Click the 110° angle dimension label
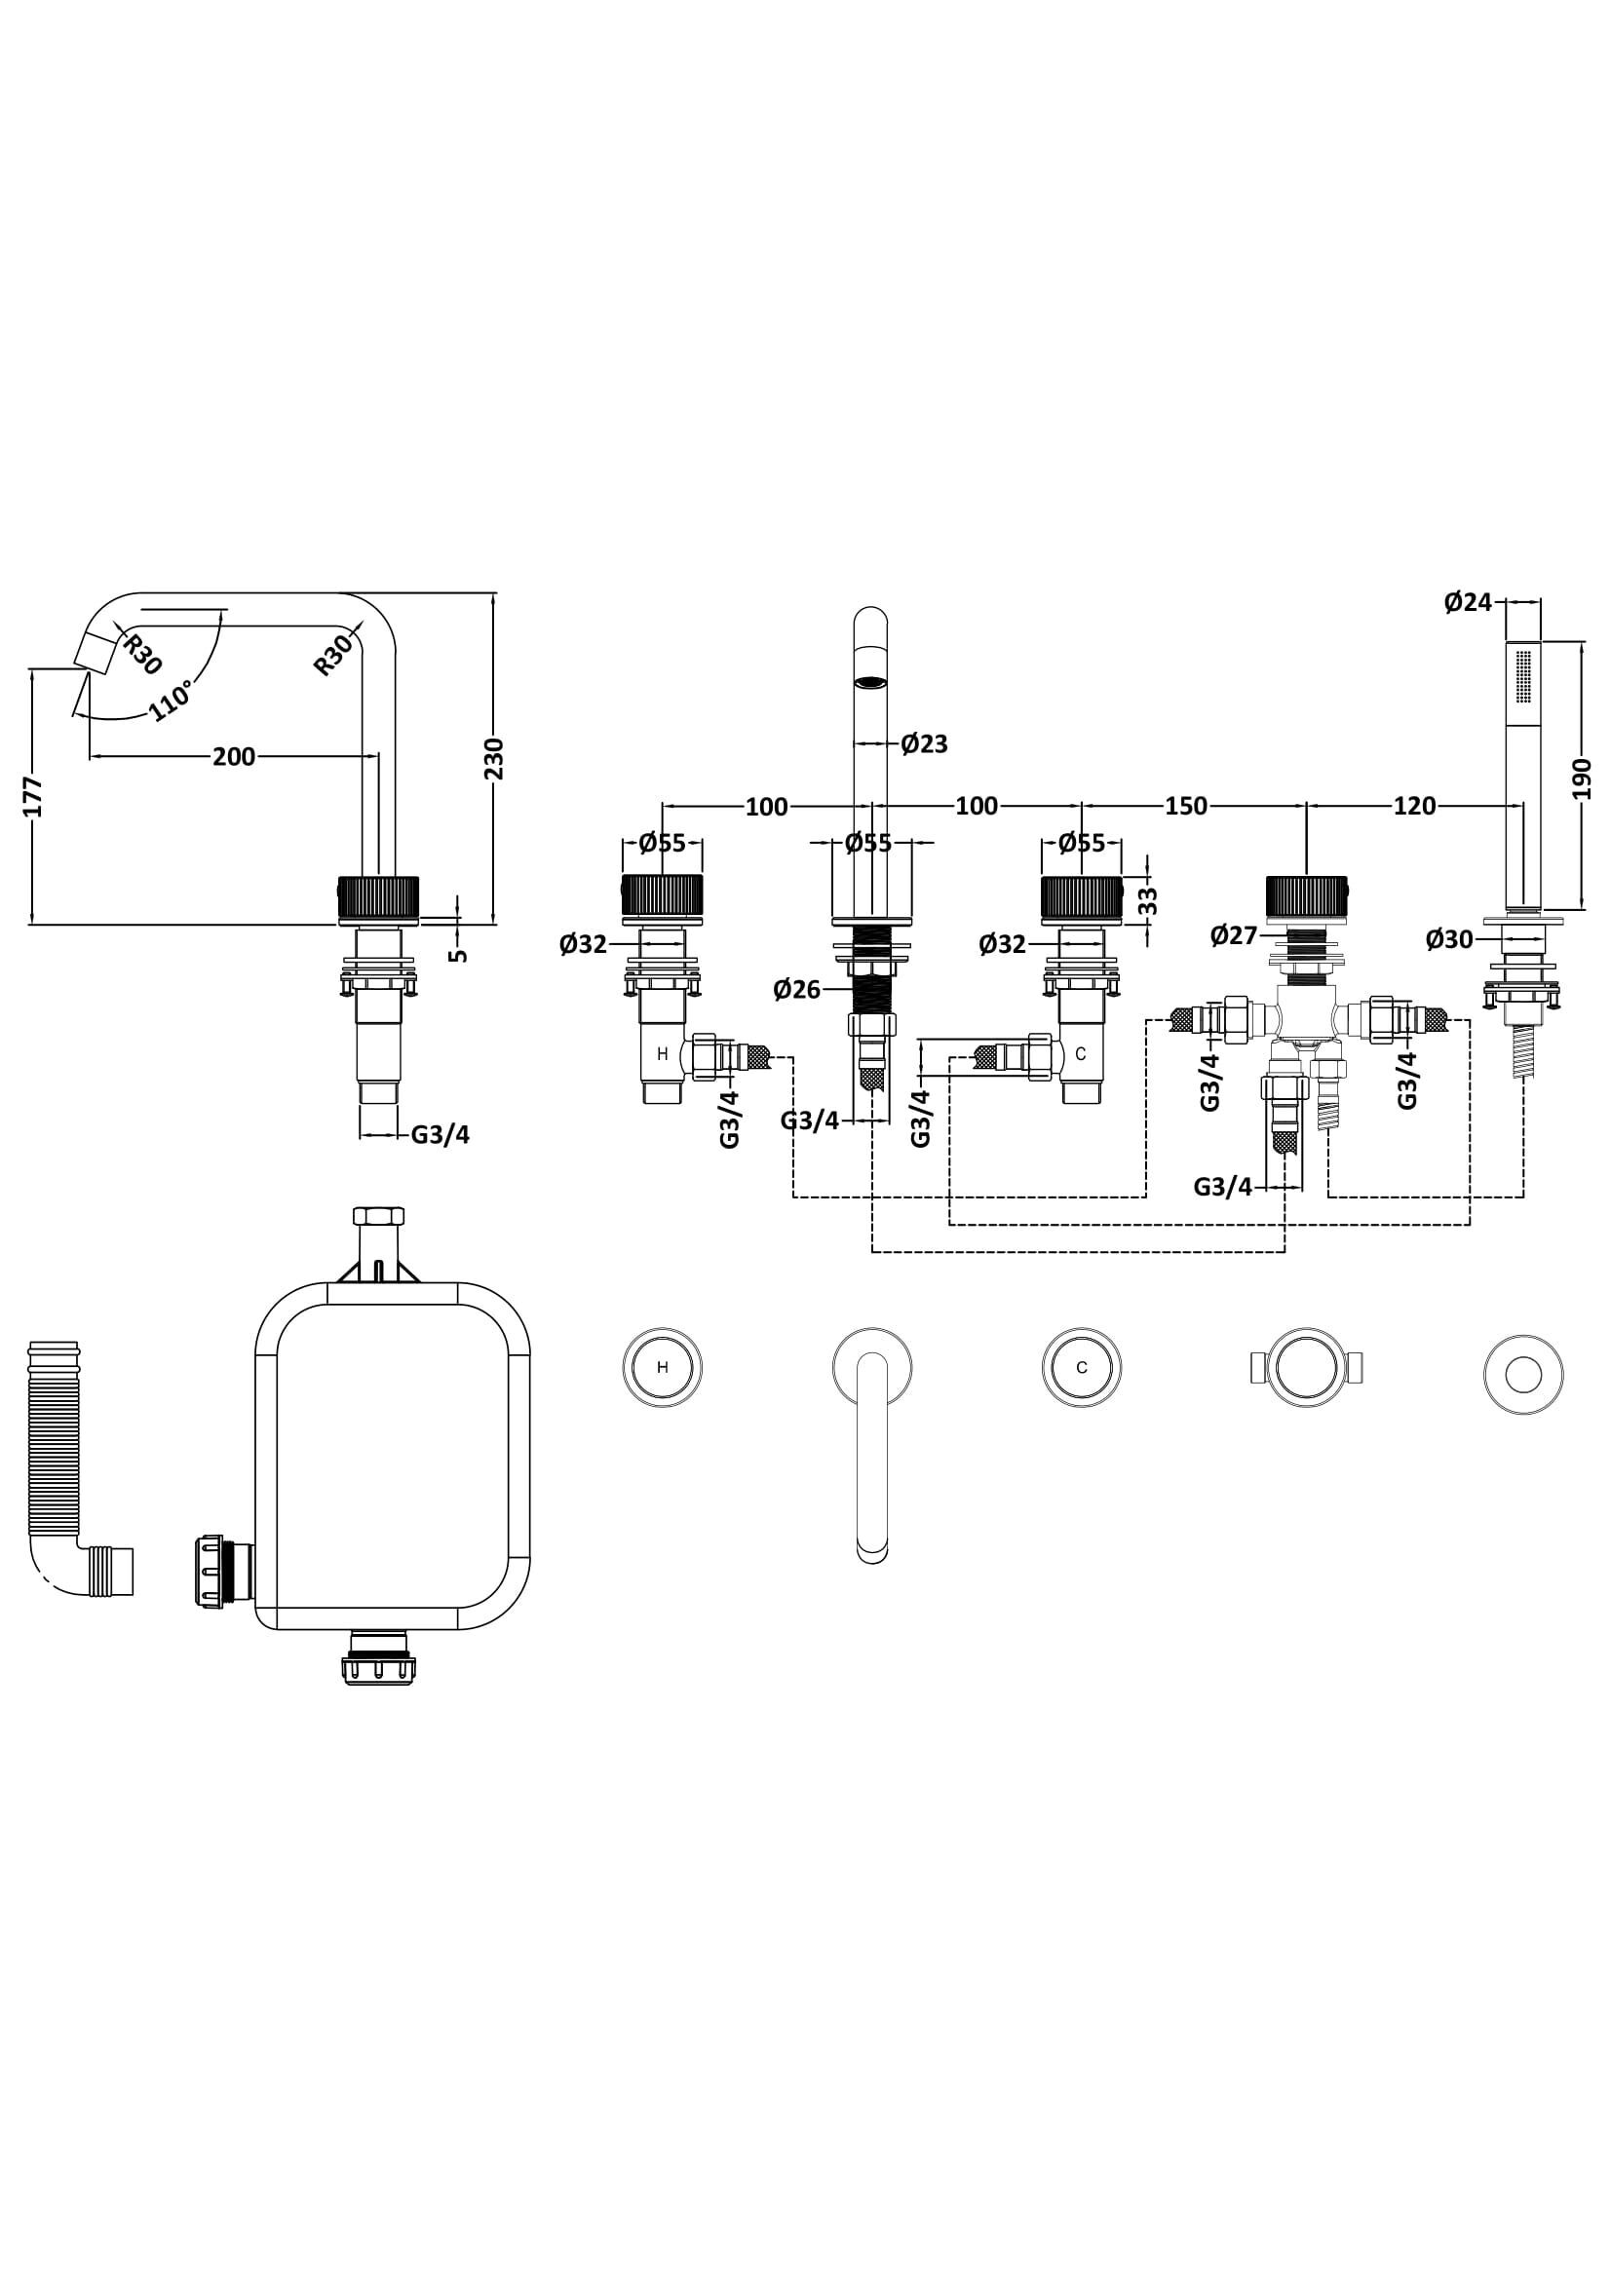click(x=171, y=702)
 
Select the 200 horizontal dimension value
click(x=233, y=756)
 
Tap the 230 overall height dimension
click(x=493, y=758)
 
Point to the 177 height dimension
click(x=33, y=796)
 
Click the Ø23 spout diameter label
click(x=924, y=743)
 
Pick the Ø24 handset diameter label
click(x=1468, y=601)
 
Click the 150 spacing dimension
click(x=1186, y=806)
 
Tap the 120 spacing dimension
click(x=1414, y=806)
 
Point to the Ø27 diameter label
click(x=1234, y=935)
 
